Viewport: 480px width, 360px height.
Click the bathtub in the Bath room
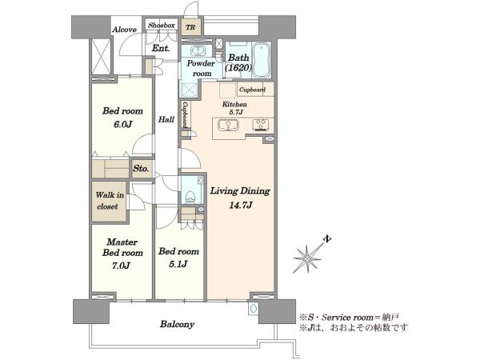coord(261,60)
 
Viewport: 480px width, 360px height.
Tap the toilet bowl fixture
coord(190,196)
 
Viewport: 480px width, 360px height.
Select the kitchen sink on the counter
coord(228,126)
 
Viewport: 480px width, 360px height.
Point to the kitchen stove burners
coord(261,125)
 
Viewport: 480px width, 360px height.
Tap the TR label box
coord(190,27)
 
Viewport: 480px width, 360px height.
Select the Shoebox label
coord(162,26)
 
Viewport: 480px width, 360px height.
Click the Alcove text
coord(124,30)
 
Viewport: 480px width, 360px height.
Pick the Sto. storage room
coord(141,168)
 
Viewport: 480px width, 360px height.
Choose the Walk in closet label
coord(110,201)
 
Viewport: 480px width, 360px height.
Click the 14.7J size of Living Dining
coord(241,205)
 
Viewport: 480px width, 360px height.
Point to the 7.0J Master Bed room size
coord(122,265)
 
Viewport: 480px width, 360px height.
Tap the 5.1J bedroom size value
coord(178,264)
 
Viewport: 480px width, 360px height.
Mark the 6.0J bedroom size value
coord(122,124)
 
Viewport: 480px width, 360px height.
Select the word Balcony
coord(178,324)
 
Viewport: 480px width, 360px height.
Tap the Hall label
coord(166,120)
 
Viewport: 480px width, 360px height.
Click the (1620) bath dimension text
coord(238,68)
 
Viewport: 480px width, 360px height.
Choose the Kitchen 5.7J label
coord(234,108)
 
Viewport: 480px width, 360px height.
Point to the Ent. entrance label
coord(161,48)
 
